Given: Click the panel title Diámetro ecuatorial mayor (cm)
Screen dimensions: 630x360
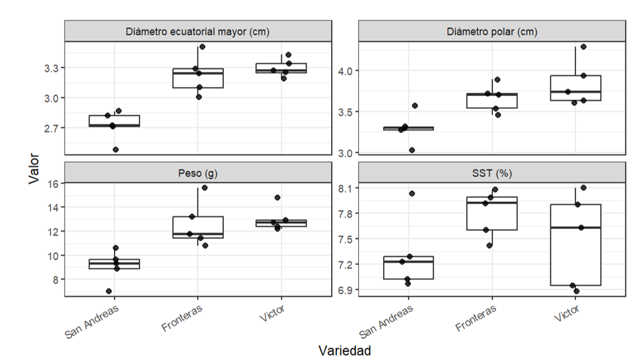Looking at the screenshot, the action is tap(197, 32).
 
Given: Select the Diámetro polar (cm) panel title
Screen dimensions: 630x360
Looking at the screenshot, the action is tap(492, 32).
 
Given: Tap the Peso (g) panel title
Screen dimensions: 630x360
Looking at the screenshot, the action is tap(197, 173).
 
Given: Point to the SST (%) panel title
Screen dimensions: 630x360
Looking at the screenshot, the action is tap(492, 173).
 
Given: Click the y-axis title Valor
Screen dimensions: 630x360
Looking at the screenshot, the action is tap(34, 168).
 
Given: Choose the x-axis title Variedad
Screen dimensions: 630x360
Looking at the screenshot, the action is tap(345, 350).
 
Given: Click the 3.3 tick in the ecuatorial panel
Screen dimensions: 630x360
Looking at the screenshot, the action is tap(51, 68).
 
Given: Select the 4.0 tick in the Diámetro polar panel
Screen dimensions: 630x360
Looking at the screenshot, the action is tap(345, 71).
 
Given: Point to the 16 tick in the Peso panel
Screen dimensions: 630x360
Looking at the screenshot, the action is tap(53, 184).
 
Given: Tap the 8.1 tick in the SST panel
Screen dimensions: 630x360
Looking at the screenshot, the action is tap(345, 188).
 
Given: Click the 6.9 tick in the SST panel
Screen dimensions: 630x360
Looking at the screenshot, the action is tap(345, 290).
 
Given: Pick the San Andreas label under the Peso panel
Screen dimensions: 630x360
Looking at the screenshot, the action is tap(92, 321).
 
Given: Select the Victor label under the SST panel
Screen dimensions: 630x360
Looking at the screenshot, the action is tap(567, 313).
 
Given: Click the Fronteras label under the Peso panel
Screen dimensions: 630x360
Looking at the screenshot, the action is tap(182, 318).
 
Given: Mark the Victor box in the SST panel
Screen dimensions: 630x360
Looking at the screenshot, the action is tap(575, 245).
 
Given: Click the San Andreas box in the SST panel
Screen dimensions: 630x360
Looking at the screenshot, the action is tap(408, 268).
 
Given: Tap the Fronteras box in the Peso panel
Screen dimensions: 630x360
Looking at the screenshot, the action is tap(197, 228).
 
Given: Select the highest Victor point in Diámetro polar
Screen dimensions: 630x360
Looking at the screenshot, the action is tap(584, 47).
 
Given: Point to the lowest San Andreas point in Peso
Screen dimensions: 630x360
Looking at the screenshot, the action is tap(109, 291).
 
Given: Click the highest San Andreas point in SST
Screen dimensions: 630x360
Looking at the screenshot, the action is tap(412, 193).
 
